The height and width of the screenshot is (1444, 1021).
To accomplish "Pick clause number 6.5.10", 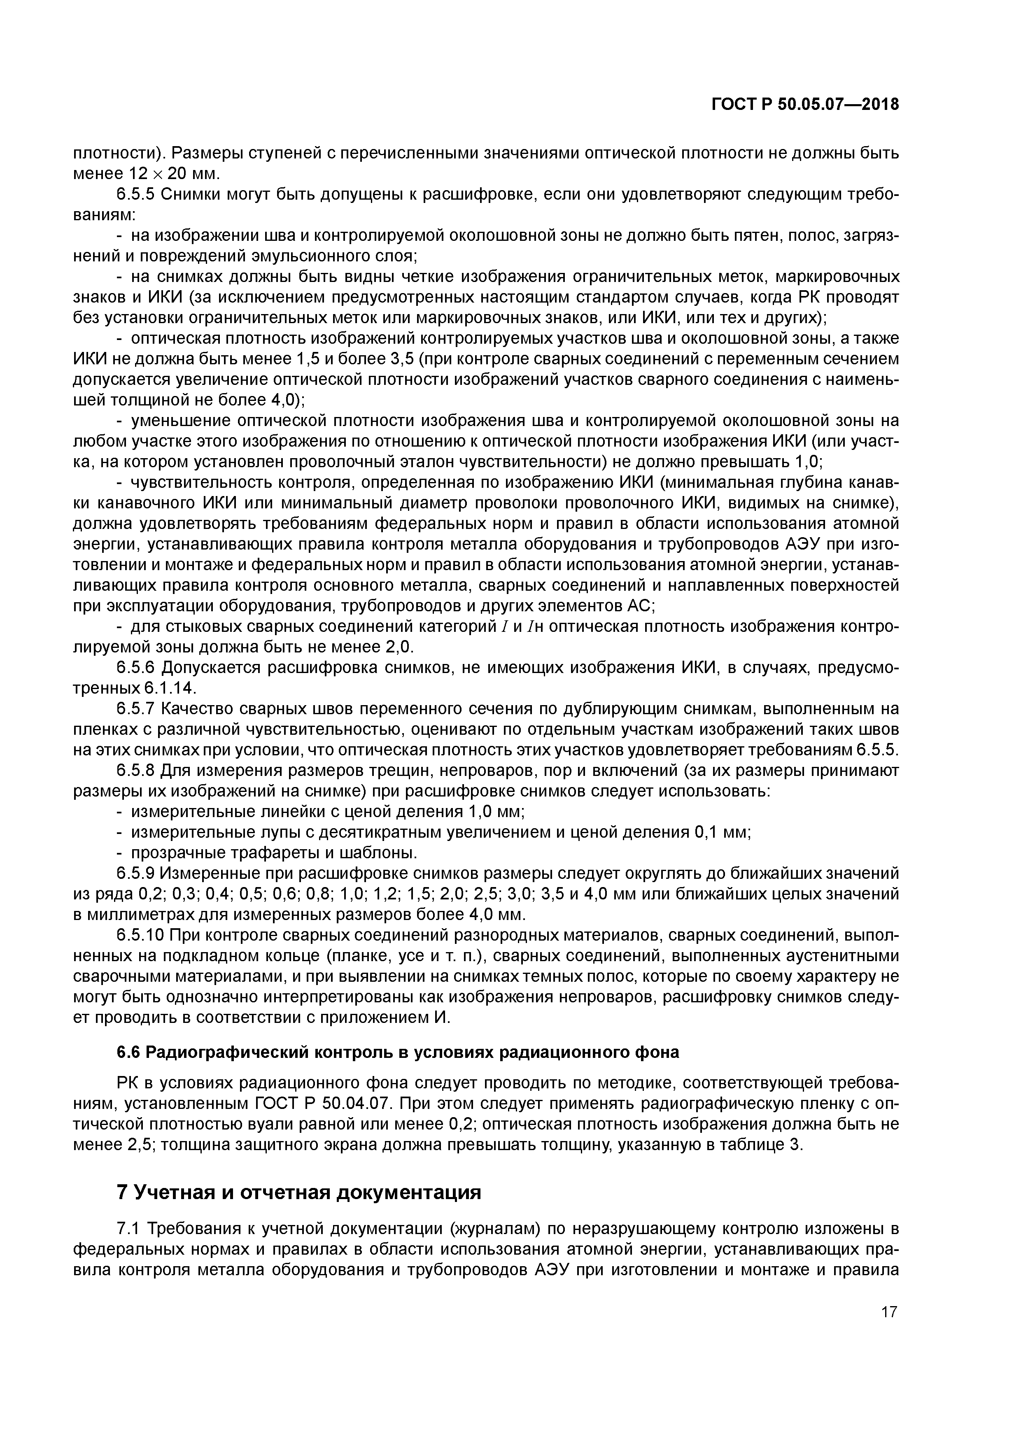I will pyautogui.click(x=140, y=935).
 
